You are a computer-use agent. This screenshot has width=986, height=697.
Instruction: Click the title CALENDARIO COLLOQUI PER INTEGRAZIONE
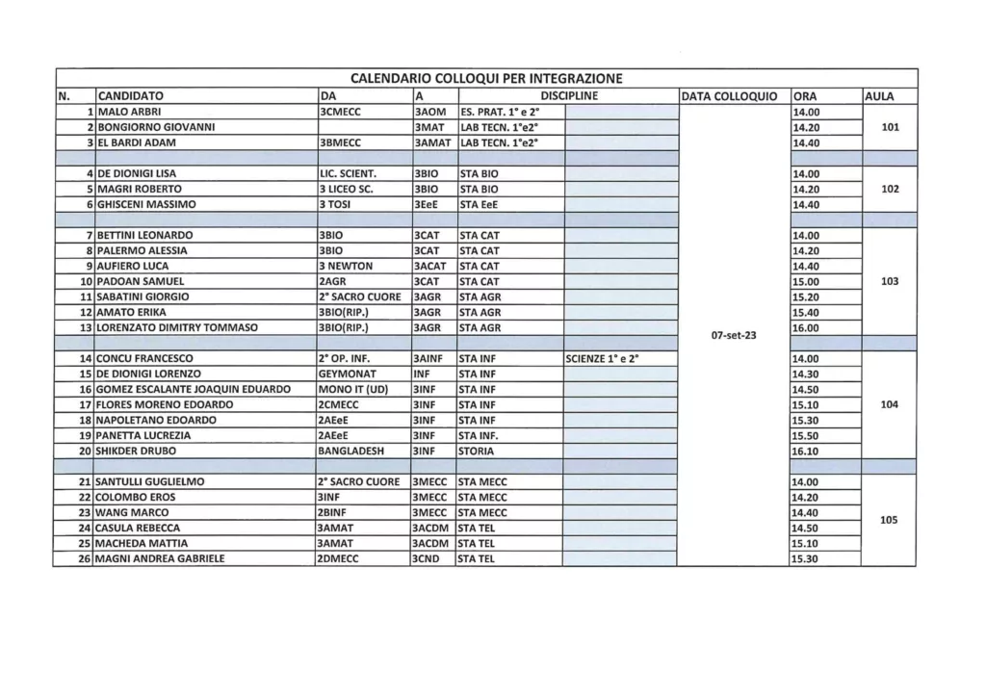coord(485,78)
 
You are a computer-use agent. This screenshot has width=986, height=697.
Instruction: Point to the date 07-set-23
coord(733,335)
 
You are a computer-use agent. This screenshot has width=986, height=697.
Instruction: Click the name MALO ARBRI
coord(126,112)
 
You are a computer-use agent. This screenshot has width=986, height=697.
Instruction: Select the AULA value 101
coord(890,127)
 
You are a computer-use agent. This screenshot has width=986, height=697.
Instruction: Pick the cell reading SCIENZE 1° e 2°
coord(602,358)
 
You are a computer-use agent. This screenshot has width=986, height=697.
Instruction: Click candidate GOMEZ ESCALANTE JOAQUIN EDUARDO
coord(193,389)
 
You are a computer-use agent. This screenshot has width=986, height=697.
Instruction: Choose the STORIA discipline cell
coord(478,451)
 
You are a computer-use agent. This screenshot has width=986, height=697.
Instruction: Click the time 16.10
coord(804,451)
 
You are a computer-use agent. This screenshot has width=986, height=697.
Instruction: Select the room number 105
coord(889,520)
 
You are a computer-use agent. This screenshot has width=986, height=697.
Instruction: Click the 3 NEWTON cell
coord(345,266)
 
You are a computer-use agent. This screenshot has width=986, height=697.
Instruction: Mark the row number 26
coord(85,558)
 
